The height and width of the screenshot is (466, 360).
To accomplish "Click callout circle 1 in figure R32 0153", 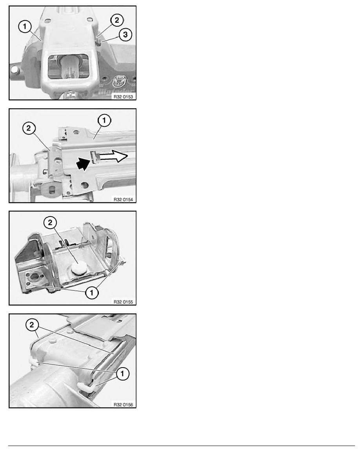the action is click(25, 27).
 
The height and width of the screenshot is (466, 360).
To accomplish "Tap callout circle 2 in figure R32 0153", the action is click(117, 20).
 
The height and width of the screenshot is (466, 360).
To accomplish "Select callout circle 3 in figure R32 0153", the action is click(125, 35).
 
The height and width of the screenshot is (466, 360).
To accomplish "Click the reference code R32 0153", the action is click(123, 96).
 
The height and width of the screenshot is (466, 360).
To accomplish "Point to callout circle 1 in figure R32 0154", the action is click(104, 120).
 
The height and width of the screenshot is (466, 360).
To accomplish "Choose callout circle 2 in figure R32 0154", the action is click(29, 128).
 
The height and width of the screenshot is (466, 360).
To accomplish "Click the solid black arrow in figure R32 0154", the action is click(84, 164).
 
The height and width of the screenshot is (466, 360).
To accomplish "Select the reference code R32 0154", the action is click(123, 199).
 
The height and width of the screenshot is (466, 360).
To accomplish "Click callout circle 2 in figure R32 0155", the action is click(50, 222).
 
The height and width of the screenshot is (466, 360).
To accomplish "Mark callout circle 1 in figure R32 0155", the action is click(91, 293).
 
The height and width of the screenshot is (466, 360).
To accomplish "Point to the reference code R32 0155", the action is click(123, 302).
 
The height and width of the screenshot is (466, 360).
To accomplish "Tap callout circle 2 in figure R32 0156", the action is click(32, 325).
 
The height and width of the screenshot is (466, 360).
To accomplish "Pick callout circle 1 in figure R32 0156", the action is click(122, 373).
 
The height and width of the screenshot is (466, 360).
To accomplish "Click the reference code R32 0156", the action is click(123, 404).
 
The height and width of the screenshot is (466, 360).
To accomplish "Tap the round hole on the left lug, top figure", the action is click(14, 70).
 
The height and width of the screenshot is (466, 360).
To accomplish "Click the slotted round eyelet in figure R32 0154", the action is click(52, 189).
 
